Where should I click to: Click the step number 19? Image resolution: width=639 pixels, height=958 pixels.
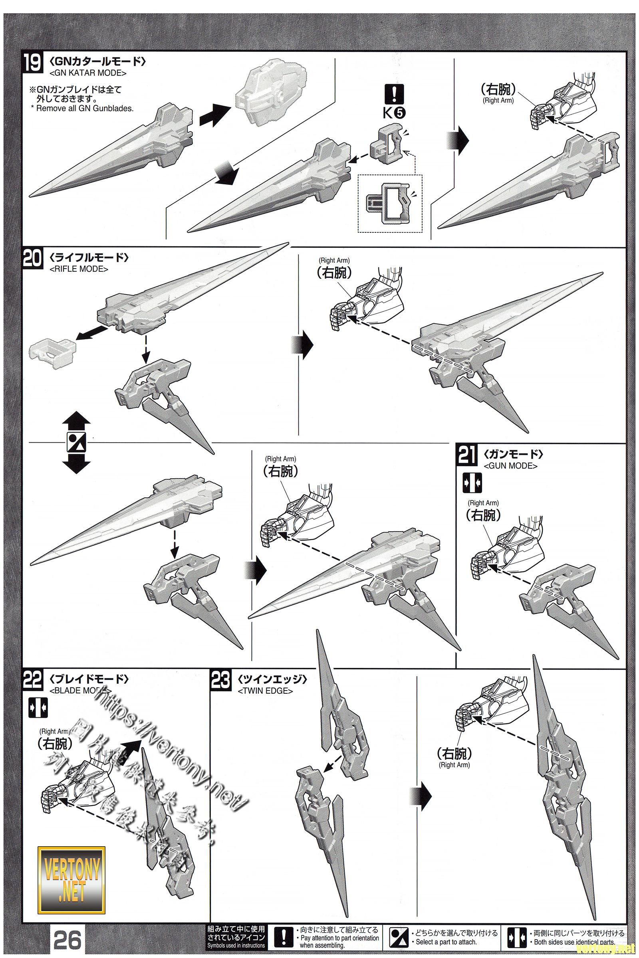point(32,64)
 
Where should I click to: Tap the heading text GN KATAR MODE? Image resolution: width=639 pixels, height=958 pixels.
point(87,73)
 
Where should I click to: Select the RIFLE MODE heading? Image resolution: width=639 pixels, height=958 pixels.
point(79,269)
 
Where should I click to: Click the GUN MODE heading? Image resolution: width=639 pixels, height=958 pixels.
point(510,465)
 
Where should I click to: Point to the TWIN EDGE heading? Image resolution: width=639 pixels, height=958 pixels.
point(265,691)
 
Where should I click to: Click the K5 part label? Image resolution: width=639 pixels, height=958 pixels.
point(394,113)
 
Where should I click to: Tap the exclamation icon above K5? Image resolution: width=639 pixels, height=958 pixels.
point(394,94)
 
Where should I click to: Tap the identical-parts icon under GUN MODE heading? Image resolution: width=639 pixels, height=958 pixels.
point(472,483)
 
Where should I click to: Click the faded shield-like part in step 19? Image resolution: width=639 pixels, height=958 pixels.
point(263,92)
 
